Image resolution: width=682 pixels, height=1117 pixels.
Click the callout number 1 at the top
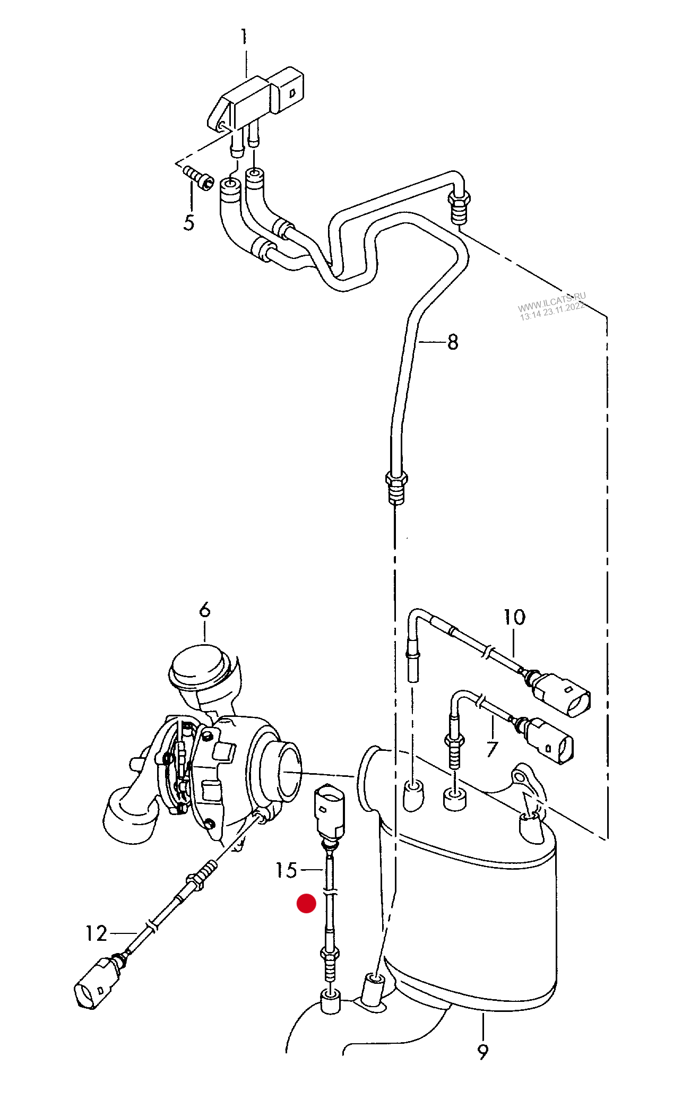pyautogui.click(x=244, y=37)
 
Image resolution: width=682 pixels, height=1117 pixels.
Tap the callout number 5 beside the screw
pyautogui.click(x=189, y=222)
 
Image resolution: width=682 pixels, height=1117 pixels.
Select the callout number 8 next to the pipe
pyautogui.click(x=453, y=342)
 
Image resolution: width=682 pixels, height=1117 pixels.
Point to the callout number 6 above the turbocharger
pyautogui.click(x=205, y=610)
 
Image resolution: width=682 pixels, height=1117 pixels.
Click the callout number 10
pyautogui.click(x=514, y=617)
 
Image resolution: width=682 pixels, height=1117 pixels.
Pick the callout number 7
pyautogui.click(x=492, y=749)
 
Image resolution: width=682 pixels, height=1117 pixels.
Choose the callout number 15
pyautogui.click(x=286, y=871)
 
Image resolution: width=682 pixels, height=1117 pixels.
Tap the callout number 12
pyautogui.click(x=97, y=933)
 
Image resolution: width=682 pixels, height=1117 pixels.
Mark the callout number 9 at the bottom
pyautogui.click(x=482, y=1051)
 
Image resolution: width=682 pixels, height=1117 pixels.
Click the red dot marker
pyautogui.click(x=306, y=903)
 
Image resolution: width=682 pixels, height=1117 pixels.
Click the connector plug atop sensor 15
pyautogui.click(x=330, y=810)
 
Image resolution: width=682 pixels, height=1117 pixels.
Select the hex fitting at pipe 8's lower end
pyautogui.click(x=396, y=486)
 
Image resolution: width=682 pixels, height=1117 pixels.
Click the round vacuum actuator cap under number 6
pyautogui.click(x=202, y=668)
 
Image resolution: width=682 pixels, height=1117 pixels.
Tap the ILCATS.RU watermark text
pyautogui.click(x=552, y=307)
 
